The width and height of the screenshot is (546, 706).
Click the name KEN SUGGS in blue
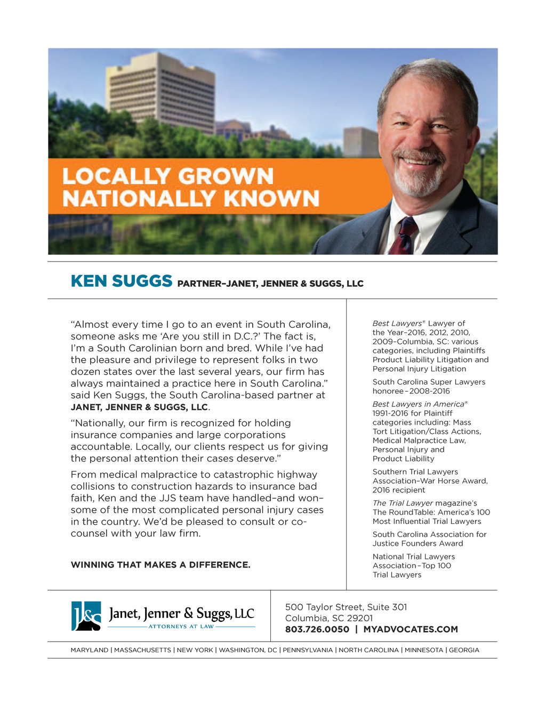[122, 281]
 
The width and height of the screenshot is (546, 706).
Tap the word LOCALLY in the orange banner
[115, 176]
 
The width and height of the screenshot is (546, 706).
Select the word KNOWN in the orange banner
[271, 198]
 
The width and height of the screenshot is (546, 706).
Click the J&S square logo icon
[86, 616]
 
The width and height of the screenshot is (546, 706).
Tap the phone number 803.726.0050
[317, 629]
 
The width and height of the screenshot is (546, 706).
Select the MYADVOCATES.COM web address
[411, 629]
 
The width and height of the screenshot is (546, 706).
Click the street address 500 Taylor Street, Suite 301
[346, 607]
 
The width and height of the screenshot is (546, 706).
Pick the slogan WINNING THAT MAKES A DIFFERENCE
[160, 565]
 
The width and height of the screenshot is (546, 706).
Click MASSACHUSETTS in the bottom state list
[142, 650]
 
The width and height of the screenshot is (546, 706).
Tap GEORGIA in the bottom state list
[464, 650]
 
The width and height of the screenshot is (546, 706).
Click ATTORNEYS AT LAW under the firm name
[181, 627]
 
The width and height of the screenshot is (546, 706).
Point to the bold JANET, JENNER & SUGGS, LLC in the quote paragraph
[139, 407]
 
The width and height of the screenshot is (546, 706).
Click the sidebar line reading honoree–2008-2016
[411, 391]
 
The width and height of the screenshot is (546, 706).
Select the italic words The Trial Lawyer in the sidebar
[403, 503]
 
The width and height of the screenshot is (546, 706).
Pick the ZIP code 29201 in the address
[360, 618]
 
